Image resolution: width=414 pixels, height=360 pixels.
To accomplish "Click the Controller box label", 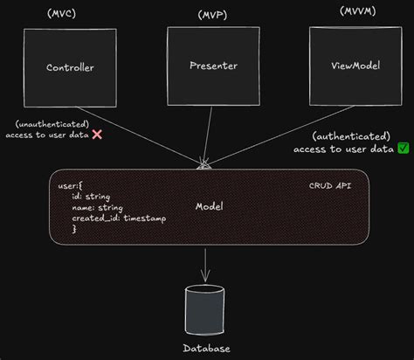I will coord(70,67).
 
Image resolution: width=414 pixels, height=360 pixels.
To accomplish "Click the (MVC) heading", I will coord(61,15).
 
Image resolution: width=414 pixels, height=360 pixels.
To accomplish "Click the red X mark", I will coord(98,135).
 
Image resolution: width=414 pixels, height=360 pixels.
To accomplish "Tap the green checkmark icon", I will coord(403,148).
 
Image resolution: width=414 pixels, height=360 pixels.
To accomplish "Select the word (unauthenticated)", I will coord(52,123).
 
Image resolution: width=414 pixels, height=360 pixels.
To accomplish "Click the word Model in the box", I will coord(210,207).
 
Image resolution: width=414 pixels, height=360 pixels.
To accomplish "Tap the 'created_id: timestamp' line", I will coord(118,218).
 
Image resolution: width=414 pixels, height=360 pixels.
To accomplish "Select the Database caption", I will coord(207,349).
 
